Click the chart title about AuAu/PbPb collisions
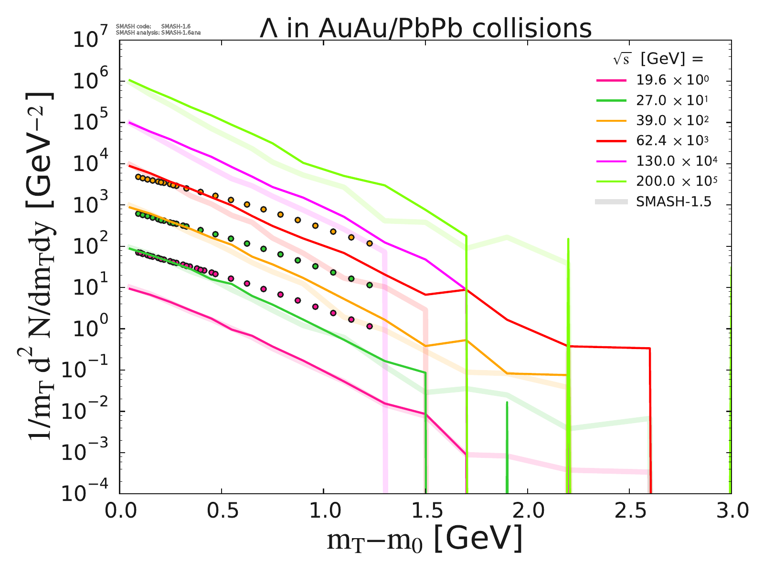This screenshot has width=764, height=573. point(425,29)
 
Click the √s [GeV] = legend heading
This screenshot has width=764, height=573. point(658,59)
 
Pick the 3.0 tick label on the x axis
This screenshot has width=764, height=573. point(731,511)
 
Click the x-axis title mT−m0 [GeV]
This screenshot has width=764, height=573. point(424,540)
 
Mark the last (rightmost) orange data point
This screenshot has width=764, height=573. point(369,244)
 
